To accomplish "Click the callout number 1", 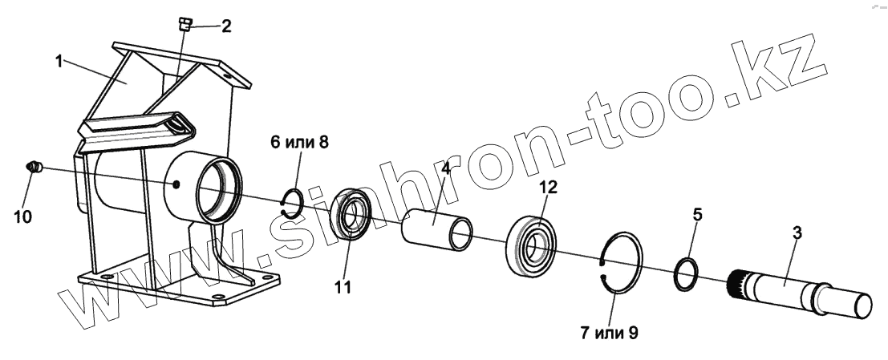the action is (x=60, y=61).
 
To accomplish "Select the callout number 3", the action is (x=797, y=234).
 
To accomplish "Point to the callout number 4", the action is (x=446, y=170).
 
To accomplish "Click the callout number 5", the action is (x=697, y=215).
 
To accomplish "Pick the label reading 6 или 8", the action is (x=299, y=143).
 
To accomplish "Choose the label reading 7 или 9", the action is (x=610, y=330).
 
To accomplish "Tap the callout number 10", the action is (x=23, y=216).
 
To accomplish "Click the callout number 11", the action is (x=343, y=286).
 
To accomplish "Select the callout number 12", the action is (x=548, y=188).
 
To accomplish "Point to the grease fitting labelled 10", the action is (x=34, y=168).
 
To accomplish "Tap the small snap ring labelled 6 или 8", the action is (x=294, y=204).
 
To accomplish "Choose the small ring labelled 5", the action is (x=685, y=273).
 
